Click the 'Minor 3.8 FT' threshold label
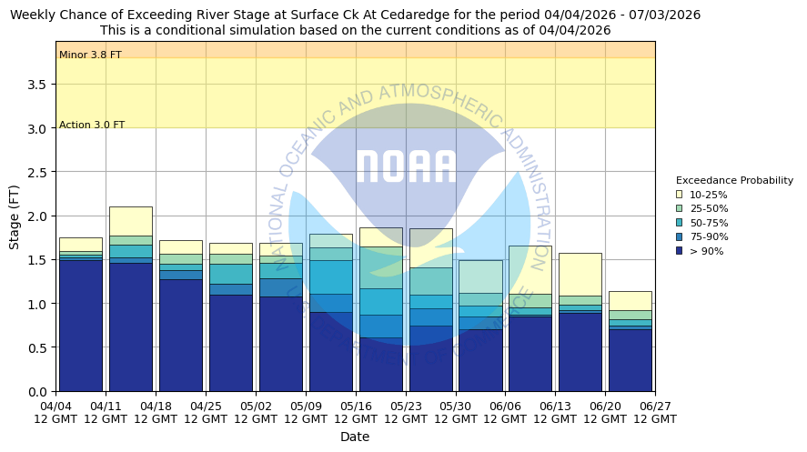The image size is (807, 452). [x=90, y=55]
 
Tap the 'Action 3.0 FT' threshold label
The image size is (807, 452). [x=92, y=125]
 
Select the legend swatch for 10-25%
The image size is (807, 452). [x=679, y=195]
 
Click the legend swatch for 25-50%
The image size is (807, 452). [x=679, y=208]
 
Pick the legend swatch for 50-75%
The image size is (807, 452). [x=679, y=223]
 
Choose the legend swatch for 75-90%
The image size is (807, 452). [x=679, y=236]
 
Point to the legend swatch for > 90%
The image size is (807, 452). [x=679, y=251]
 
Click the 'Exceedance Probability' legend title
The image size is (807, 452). [x=734, y=180]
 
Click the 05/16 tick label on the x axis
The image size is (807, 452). [x=356, y=412]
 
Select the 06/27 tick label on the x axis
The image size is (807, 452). [x=655, y=412]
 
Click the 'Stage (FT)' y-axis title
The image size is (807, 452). [x=15, y=216]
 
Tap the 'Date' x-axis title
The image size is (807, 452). [x=355, y=437]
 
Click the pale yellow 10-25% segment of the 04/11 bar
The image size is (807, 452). [x=130, y=221]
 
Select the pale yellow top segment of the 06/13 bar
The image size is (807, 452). [x=580, y=274]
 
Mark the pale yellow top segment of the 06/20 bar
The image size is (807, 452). [x=630, y=300]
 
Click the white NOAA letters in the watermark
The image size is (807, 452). [x=405, y=166]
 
